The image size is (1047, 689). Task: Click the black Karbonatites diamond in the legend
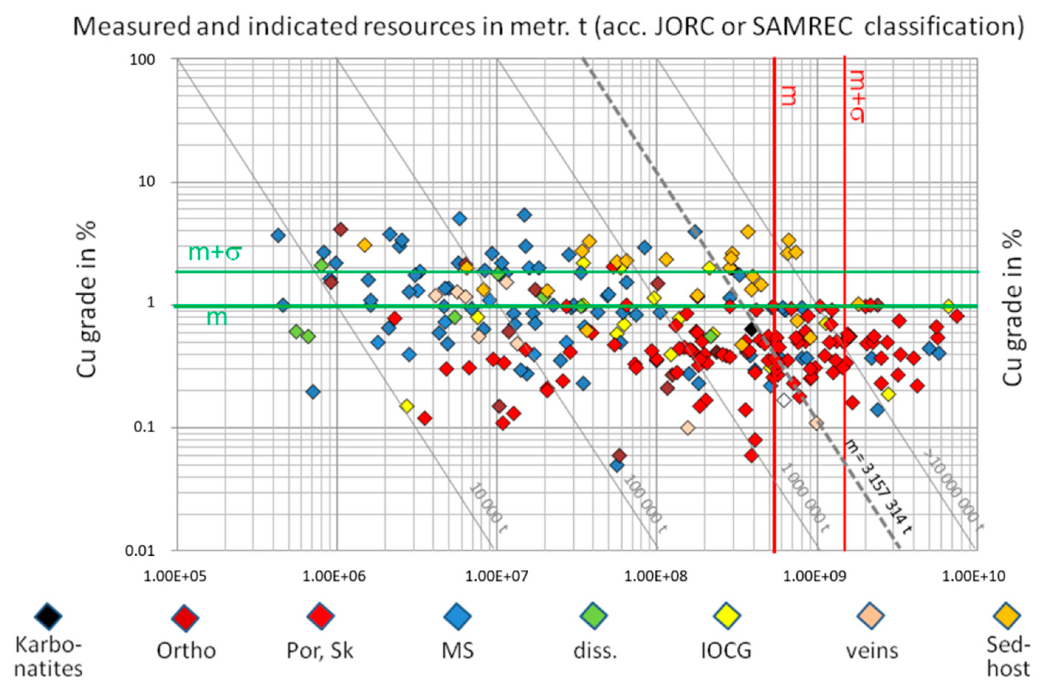tap(48, 616)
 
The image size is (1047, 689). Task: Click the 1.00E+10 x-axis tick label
tap(974, 576)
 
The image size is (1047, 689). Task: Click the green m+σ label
tap(214, 253)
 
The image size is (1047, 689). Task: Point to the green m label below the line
tap(217, 317)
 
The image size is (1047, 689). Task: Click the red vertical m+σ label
tap(857, 97)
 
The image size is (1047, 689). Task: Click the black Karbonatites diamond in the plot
tap(751, 329)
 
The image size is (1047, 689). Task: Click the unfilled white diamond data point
tap(783, 400)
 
